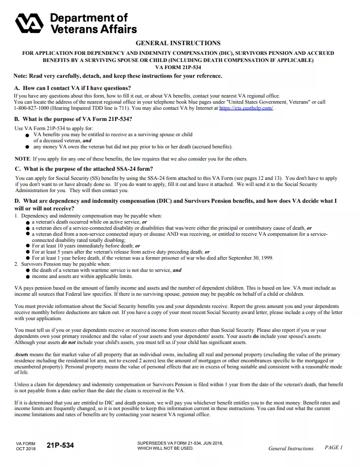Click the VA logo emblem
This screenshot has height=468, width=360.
point(30,23)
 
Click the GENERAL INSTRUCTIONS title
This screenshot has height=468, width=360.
point(178,43)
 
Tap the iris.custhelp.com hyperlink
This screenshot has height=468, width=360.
point(246,108)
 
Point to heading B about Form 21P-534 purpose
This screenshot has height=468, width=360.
point(74,119)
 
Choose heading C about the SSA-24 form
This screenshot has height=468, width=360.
point(84,169)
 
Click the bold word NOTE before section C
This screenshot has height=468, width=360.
point(22,159)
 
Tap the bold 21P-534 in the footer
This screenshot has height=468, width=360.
point(60,446)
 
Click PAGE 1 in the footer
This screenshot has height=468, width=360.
point(334,447)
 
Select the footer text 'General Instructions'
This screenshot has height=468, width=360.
point(291,448)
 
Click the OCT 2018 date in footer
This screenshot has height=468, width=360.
point(26,449)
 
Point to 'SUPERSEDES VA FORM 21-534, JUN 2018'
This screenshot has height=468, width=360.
point(180,443)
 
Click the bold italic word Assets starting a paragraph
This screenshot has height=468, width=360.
point(21,354)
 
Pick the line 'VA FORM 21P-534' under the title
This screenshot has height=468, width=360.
point(178,67)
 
